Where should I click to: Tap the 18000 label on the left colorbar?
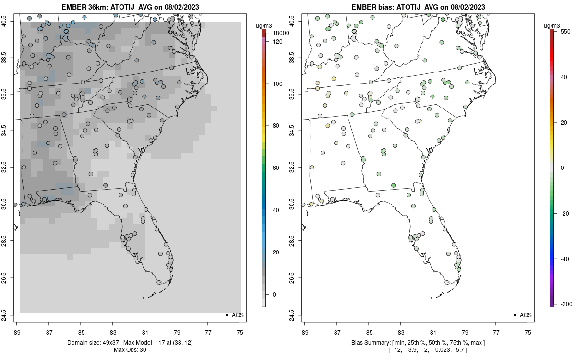tap(280, 33)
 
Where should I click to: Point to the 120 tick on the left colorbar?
tap(277, 42)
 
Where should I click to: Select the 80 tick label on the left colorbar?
tap(276, 126)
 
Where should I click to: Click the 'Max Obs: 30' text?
tap(130, 350)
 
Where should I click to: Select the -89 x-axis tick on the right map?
tap(304, 332)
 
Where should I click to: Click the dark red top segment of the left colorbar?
tap(264, 33)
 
